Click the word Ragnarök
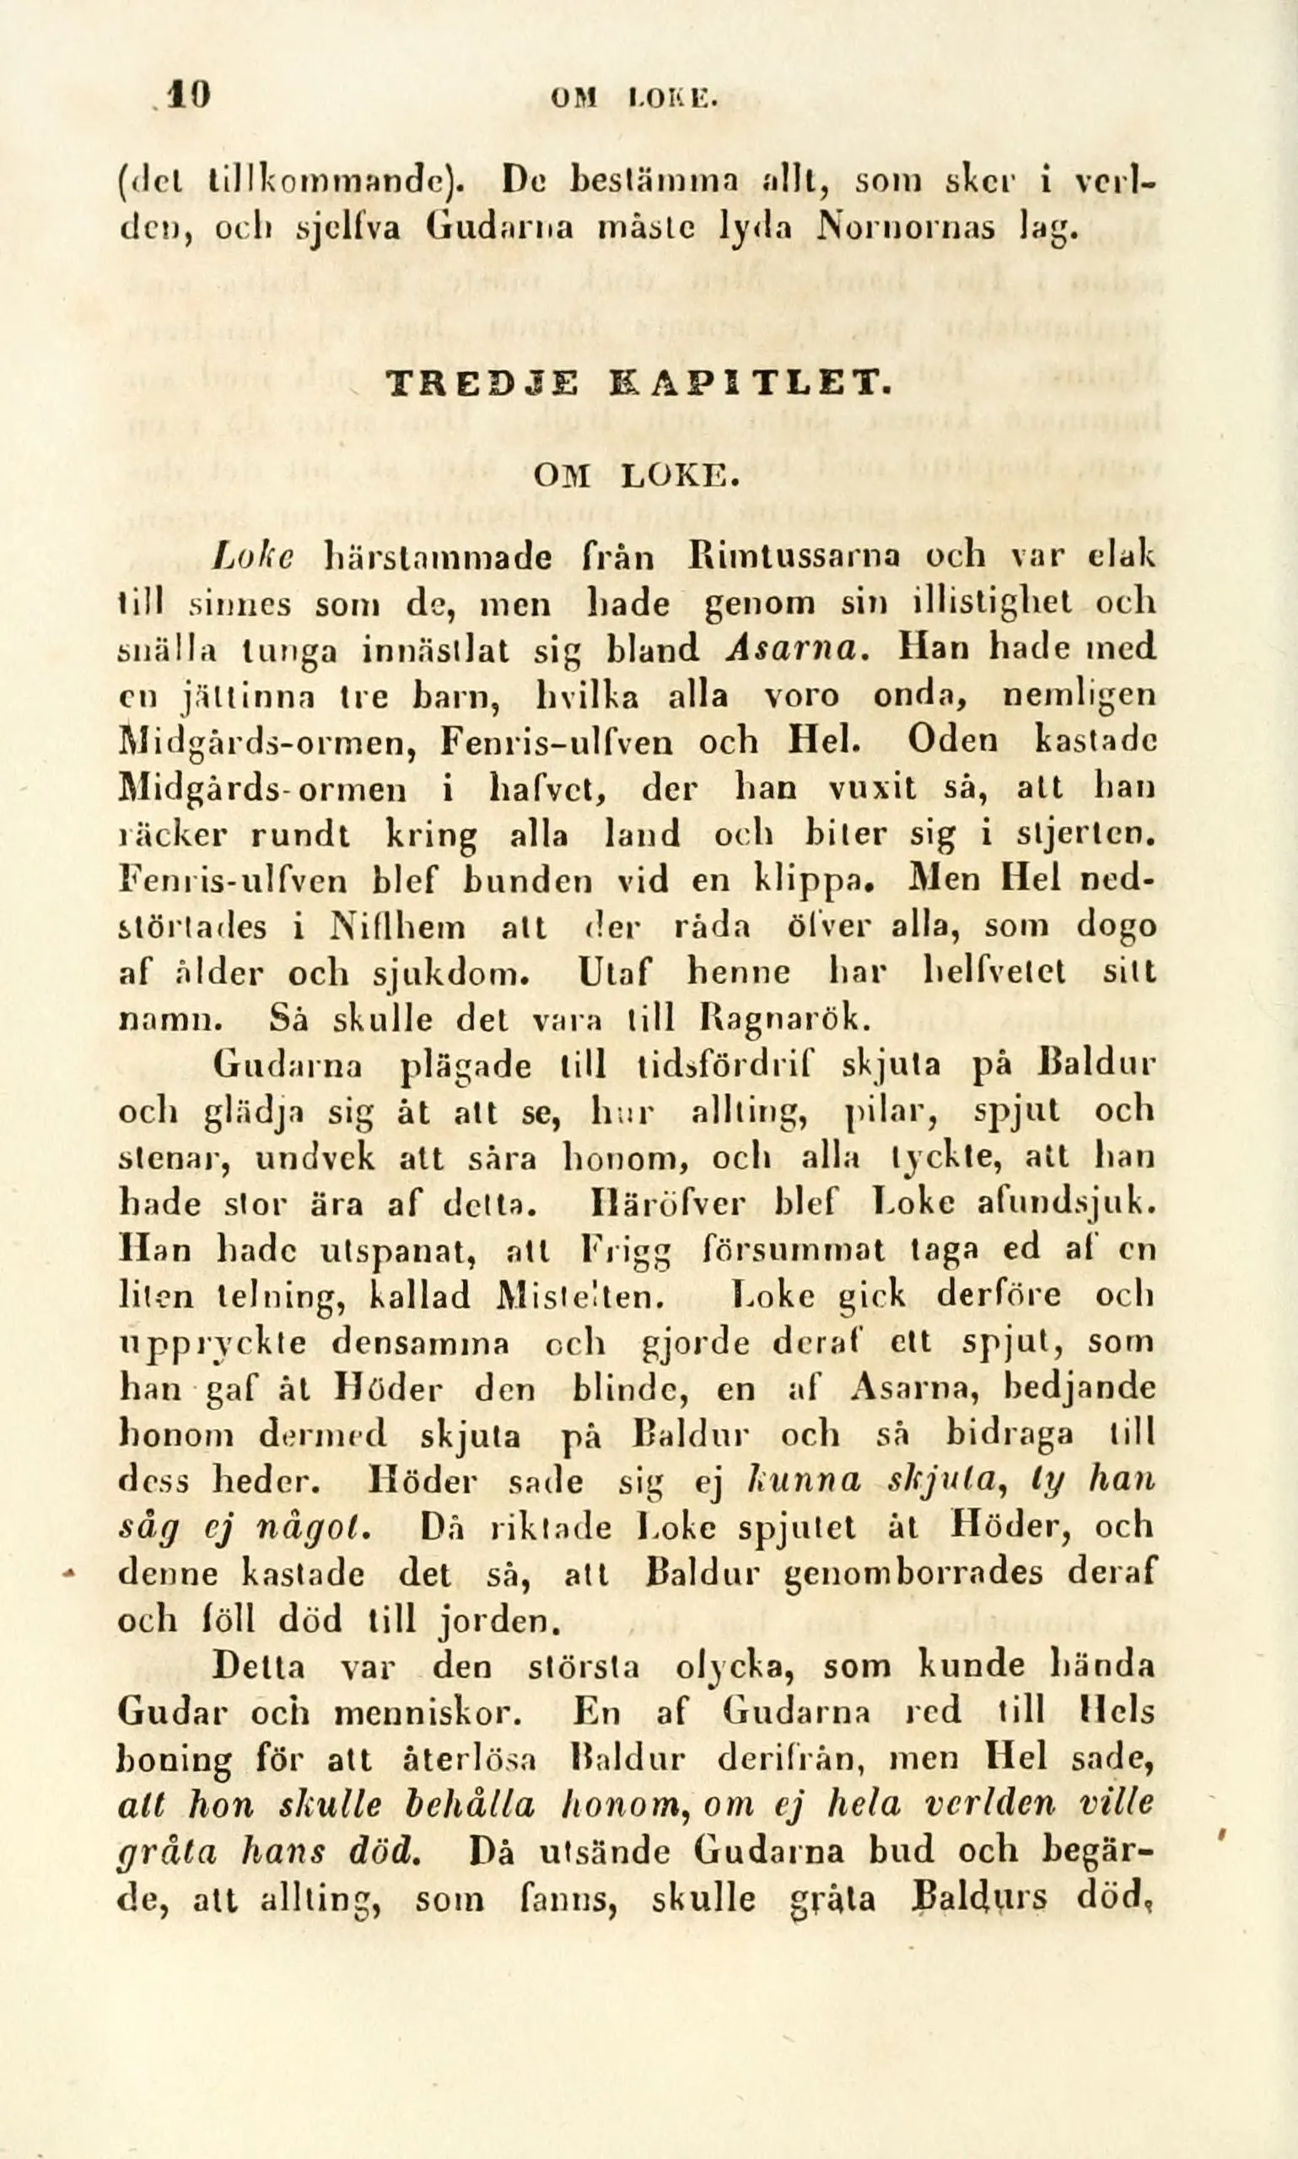pos(786,1019)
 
